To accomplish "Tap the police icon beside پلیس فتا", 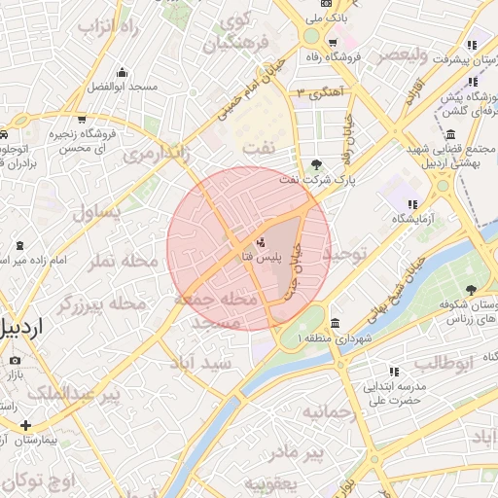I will pyautogui.click(x=261, y=240).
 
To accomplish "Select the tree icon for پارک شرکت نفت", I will pyautogui.click(x=318, y=164).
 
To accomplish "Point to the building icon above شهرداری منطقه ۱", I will pyautogui.click(x=336, y=322).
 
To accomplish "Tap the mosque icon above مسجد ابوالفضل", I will pyautogui.click(x=122, y=72).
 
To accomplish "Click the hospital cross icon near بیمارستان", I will pyautogui.click(x=25, y=425).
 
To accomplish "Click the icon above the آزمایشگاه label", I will pyautogui.click(x=412, y=204).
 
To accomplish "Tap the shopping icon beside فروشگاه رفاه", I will pyautogui.click(x=334, y=43).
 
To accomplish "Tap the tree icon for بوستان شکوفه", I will pyautogui.click(x=472, y=290).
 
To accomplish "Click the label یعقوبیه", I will pyautogui.click(x=268, y=483).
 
